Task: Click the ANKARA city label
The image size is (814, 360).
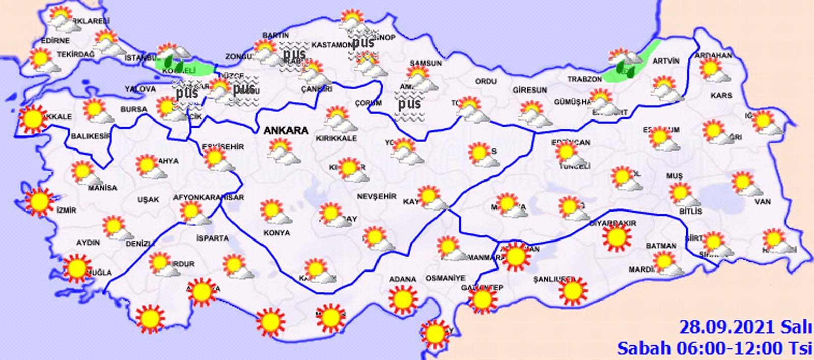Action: pos(285,131)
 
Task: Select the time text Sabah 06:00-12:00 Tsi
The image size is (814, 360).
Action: pos(714,348)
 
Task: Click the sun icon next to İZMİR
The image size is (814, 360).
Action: pos(39,202)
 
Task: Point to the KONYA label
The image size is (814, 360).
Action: pos(277,233)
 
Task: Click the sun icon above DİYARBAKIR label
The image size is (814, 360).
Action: pos(616,237)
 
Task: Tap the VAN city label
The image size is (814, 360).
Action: pos(763,202)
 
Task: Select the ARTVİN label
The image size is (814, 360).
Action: pos(665,61)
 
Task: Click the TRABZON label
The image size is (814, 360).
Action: pos(585,80)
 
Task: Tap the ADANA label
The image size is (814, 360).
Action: pos(402,279)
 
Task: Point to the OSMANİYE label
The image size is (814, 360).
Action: pos(446,278)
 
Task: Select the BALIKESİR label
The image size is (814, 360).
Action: pos(91,136)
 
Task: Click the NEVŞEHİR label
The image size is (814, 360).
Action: pos(376,196)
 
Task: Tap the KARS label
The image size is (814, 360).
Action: pos(721,95)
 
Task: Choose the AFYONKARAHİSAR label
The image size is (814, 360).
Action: pos(208,197)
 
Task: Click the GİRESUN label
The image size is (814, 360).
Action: pos(530,90)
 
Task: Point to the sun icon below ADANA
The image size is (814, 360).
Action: pos(402,299)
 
